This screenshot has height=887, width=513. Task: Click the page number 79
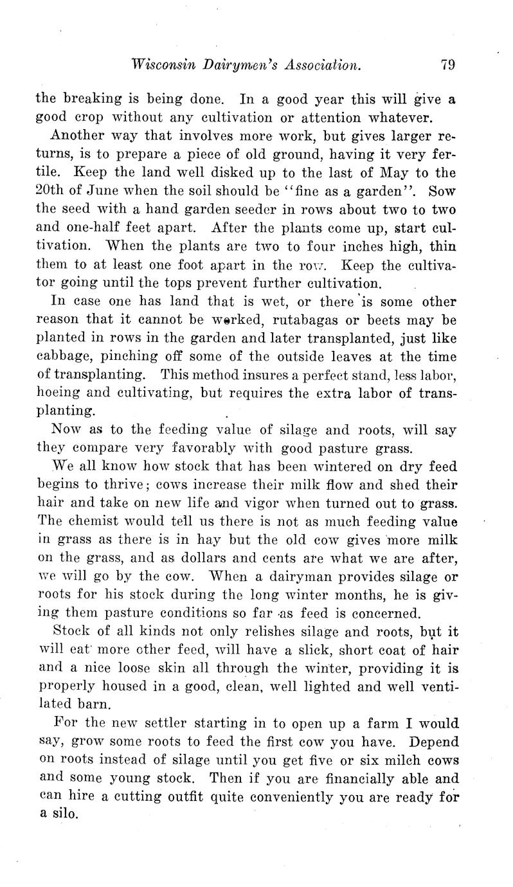tap(448, 64)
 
